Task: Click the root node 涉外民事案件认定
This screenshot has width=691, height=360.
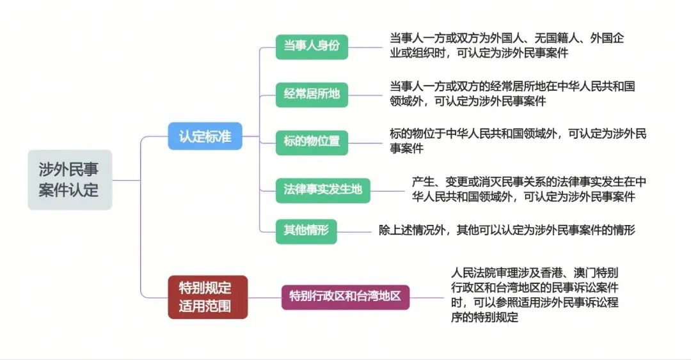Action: click(x=70, y=180)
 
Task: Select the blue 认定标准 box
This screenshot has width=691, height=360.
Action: click(x=205, y=136)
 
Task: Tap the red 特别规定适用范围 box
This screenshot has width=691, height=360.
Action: click(x=207, y=297)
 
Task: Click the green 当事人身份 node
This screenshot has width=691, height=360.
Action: click(x=312, y=47)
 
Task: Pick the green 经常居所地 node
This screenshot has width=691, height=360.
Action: click(x=312, y=95)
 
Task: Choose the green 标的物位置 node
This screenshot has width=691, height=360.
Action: click(x=312, y=143)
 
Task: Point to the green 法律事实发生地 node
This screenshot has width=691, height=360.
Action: click(x=323, y=191)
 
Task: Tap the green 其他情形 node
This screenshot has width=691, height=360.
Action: click(x=306, y=231)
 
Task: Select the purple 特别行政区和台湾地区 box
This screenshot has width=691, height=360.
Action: click(x=345, y=297)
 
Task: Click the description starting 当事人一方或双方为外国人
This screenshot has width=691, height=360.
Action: click(x=507, y=45)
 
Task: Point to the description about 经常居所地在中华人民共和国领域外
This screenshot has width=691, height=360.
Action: click(x=512, y=93)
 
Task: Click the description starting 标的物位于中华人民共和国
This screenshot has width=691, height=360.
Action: click(x=518, y=141)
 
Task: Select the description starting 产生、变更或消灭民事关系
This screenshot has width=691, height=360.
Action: click(x=529, y=189)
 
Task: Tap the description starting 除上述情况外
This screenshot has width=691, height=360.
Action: click(x=507, y=230)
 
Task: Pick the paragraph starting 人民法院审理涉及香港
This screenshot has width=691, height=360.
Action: click(x=534, y=295)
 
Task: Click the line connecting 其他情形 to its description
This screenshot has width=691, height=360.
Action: click(x=354, y=231)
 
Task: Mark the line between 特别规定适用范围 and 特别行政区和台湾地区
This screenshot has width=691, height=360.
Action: click(x=264, y=297)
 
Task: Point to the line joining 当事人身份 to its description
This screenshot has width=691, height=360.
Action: click(x=365, y=47)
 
